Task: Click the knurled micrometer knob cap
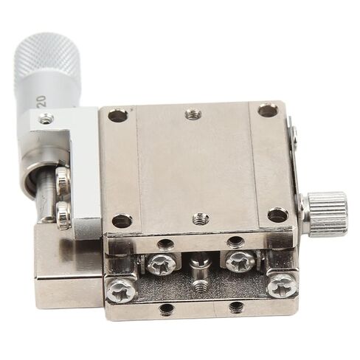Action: coord(47,55)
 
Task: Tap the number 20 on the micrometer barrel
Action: coord(41,102)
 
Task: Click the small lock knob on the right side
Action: coord(327,213)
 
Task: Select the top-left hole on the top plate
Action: coord(118,116)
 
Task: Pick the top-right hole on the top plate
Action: coord(269,110)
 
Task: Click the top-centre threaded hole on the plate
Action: coord(193,114)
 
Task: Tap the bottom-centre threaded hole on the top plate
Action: coord(201,218)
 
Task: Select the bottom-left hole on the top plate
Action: coord(122,221)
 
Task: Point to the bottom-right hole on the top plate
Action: coord(278,215)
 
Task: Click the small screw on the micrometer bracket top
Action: coord(46,118)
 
